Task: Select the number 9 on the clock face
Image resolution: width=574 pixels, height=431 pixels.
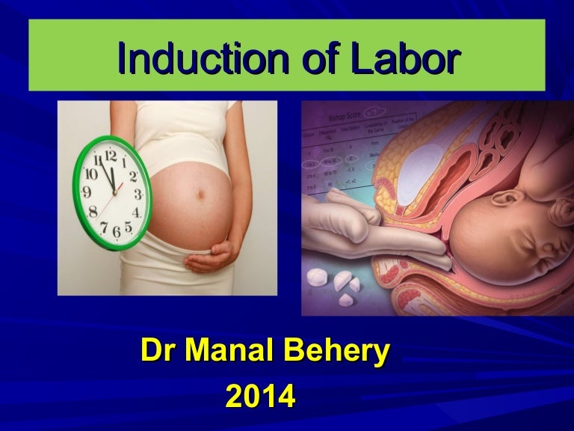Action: pyautogui.click(x=86, y=192)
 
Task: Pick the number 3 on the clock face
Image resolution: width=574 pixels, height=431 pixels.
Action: pyautogui.click(x=138, y=194)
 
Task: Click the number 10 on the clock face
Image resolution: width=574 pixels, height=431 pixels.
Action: pyautogui.click(x=93, y=173)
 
